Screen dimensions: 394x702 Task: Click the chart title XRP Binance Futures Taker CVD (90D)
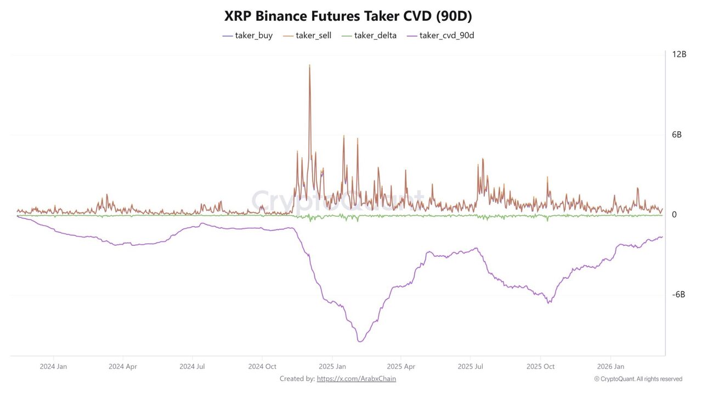348,16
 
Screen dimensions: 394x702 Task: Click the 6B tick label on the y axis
677,134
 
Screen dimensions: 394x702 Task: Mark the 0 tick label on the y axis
675,215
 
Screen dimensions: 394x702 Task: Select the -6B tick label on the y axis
678,295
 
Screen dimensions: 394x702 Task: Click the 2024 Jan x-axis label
54,366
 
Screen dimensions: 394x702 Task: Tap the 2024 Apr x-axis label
123,366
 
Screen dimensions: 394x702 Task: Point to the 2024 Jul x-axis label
193,366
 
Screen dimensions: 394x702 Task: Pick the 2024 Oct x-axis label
262,366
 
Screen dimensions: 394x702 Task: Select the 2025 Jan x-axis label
332,366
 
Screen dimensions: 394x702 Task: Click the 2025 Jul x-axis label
471,366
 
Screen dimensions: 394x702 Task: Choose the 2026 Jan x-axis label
610,366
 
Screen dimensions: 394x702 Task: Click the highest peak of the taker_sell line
309,65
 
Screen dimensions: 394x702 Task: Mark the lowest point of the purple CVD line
360,342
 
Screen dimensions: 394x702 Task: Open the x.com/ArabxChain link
356,379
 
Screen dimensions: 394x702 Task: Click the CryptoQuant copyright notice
638,379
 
